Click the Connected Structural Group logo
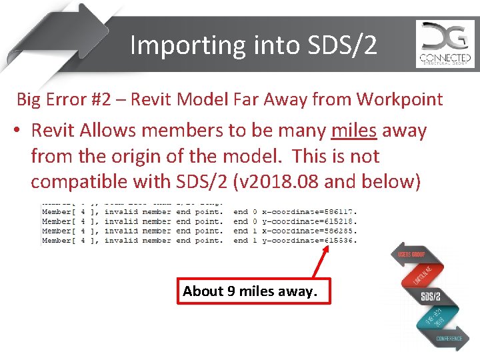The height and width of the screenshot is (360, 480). (445, 44)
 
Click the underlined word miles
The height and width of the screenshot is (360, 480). (353, 131)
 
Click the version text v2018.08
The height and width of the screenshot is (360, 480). (313, 182)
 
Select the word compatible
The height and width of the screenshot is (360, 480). (81, 182)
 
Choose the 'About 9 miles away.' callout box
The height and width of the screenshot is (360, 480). (253, 291)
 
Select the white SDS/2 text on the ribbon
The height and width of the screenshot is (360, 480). (430, 295)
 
